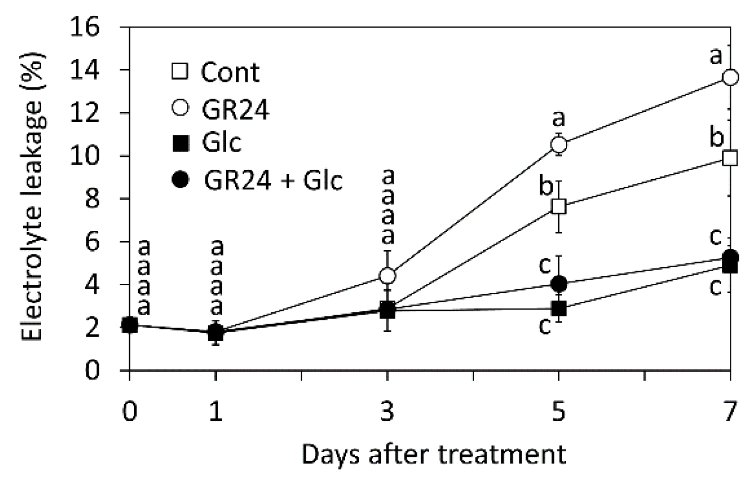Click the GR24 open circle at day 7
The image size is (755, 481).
pos(730,77)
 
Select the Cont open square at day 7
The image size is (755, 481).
pos(730,158)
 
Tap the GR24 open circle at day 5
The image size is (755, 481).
pos(559,144)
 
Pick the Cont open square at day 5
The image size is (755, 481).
pos(559,207)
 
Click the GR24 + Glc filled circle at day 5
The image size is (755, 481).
pos(559,284)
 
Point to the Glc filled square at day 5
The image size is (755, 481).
pos(559,309)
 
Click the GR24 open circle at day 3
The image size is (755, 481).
pos(387,275)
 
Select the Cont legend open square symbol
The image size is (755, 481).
pos(180,71)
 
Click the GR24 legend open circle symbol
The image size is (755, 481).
pos(180,108)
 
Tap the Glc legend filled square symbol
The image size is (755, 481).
pos(180,143)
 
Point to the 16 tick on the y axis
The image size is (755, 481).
pos(85,27)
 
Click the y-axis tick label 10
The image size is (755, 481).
pos(85,156)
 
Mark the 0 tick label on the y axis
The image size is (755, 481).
pos(93,370)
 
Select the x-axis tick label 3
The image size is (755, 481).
pos(387,411)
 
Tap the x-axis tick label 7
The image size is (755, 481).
pos(730,411)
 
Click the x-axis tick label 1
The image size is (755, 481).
pos(216,411)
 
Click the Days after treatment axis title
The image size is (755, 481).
pos(433,454)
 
